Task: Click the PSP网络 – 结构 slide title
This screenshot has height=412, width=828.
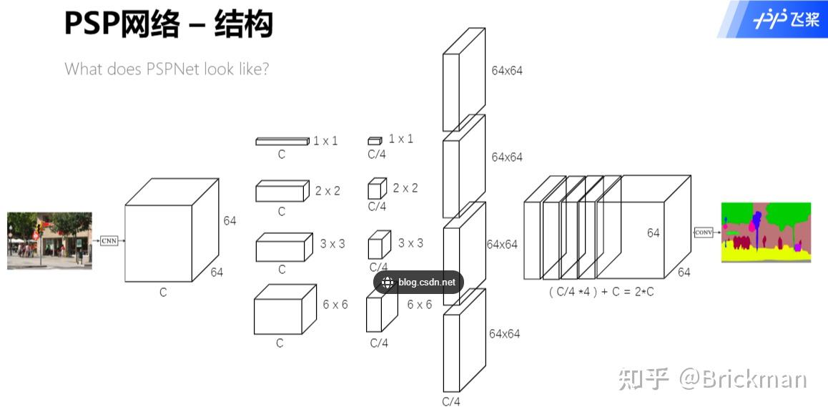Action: (168, 24)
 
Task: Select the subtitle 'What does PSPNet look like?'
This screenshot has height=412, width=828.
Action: (166, 69)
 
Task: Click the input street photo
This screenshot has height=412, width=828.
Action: (49, 240)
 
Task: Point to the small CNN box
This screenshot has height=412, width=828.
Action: (109, 240)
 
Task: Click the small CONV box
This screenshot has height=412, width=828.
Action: (704, 232)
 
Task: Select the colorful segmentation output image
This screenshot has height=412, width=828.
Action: (766, 232)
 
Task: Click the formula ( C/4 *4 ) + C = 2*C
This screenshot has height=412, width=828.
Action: (601, 292)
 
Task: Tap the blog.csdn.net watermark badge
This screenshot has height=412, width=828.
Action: (418, 283)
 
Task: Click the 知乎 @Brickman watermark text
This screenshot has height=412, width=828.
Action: (712, 378)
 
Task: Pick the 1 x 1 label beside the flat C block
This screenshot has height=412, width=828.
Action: (325, 141)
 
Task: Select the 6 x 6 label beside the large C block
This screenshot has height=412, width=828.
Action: (335, 305)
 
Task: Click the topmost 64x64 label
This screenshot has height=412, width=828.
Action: (506, 71)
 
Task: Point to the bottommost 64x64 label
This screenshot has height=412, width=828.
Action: (504, 334)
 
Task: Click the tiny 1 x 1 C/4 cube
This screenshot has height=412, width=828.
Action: (375, 141)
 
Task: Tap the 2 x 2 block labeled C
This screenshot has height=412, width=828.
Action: (282, 191)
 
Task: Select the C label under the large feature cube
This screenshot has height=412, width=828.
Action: (163, 293)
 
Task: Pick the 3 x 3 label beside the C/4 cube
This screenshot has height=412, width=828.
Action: (410, 243)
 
